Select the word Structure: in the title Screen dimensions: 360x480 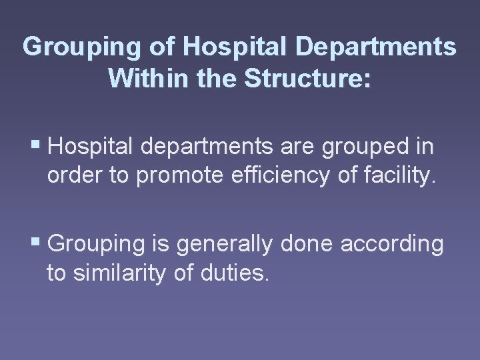pyautogui.click(x=307, y=78)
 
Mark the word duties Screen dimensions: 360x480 pyautogui.click(x=237, y=272)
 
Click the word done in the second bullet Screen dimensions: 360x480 pyautogui.click(x=307, y=244)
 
